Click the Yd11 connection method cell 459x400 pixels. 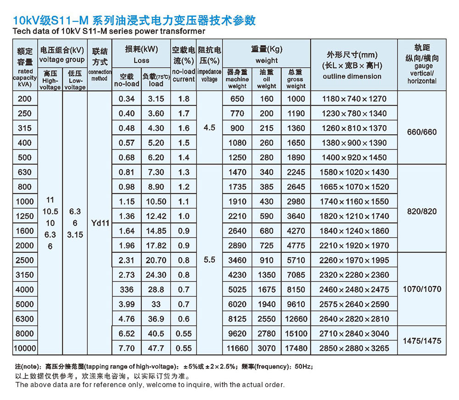pyautogui.click(x=100, y=223)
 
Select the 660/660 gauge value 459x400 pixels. pyautogui.click(x=422, y=132)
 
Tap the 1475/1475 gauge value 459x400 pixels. pyautogui.click(x=422, y=340)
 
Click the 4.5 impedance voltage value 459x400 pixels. pyautogui.click(x=209, y=128)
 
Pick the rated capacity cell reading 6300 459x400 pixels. pyautogui.click(x=25, y=319)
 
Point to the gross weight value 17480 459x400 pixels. pyautogui.click(x=296, y=348)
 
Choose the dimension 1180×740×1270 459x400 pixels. pyautogui.click(x=354, y=99)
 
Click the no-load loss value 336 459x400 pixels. pyautogui.click(x=127, y=290)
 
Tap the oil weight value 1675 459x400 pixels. pyautogui.click(x=267, y=290)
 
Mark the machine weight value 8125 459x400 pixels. pyautogui.click(x=237, y=319)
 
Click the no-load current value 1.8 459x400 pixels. pyautogui.click(x=184, y=99)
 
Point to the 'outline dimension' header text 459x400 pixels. pyautogui.click(x=352, y=76)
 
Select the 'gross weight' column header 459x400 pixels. pyautogui.click(x=296, y=79)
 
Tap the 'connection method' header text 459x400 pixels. pyautogui.click(x=100, y=75)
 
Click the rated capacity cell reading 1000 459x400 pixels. pyautogui.click(x=25, y=202)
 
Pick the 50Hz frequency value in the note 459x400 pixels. pyautogui.click(x=303, y=367)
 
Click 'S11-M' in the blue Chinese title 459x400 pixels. pyautogui.click(x=70, y=20)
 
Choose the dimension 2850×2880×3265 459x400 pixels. pyautogui.click(x=354, y=348)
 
